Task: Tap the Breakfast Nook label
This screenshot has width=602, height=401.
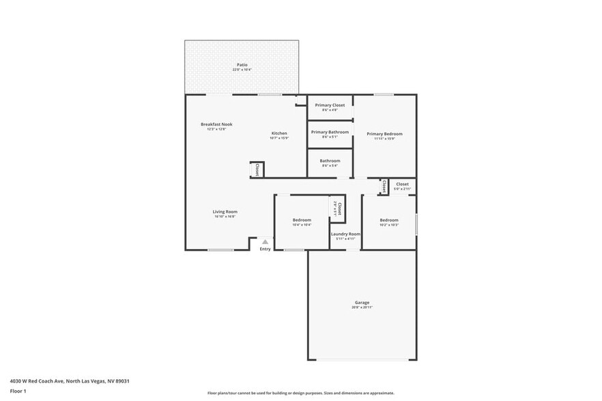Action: point(216,124)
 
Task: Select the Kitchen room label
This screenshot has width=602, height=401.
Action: point(279,133)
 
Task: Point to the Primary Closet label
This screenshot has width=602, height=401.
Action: point(330,105)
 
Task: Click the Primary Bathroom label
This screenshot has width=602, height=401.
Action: point(330,132)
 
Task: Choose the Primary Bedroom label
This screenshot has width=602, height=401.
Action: point(384,134)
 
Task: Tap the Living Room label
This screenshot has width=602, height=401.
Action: point(225,211)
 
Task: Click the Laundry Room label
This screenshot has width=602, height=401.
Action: point(345,234)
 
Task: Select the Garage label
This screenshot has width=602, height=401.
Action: point(362,302)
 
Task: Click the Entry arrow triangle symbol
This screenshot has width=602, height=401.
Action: point(266,241)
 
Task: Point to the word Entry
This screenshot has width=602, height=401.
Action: point(266,249)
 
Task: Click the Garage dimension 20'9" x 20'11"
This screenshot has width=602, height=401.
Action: point(362,308)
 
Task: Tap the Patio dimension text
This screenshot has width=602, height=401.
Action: point(241,70)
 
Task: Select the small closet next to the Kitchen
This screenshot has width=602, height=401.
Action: point(257,170)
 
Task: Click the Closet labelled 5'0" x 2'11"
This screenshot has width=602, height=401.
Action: point(402,184)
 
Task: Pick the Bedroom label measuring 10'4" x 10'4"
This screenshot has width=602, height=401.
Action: point(302,220)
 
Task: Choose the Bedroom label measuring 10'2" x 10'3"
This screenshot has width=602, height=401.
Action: point(389,220)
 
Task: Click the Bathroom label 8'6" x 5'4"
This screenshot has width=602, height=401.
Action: point(330,161)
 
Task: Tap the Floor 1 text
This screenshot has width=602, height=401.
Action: point(18,391)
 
